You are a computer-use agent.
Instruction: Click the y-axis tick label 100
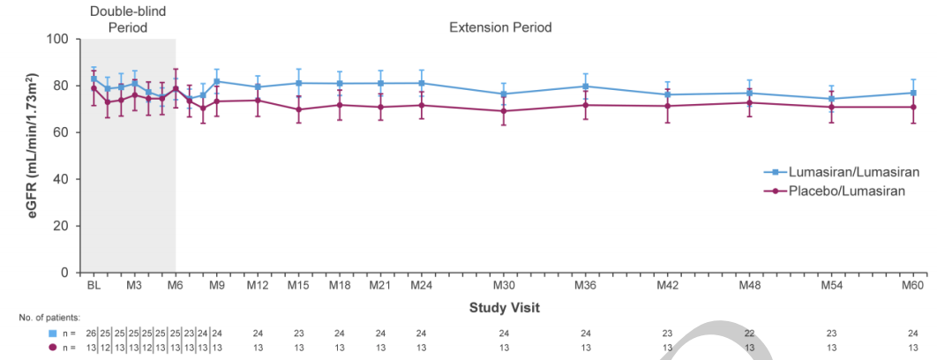point(58,39)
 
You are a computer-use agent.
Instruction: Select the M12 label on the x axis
point(258,285)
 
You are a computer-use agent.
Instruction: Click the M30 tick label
point(504,285)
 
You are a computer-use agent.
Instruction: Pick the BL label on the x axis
point(94,285)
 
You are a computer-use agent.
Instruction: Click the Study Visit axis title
point(504,307)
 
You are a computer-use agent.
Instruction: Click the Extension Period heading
point(500,27)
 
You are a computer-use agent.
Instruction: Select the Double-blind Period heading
point(129,19)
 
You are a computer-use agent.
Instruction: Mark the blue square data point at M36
point(586,86)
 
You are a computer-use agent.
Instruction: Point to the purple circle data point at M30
point(504,111)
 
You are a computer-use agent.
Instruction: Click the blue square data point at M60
point(913,93)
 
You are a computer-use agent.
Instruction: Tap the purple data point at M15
point(299,109)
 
